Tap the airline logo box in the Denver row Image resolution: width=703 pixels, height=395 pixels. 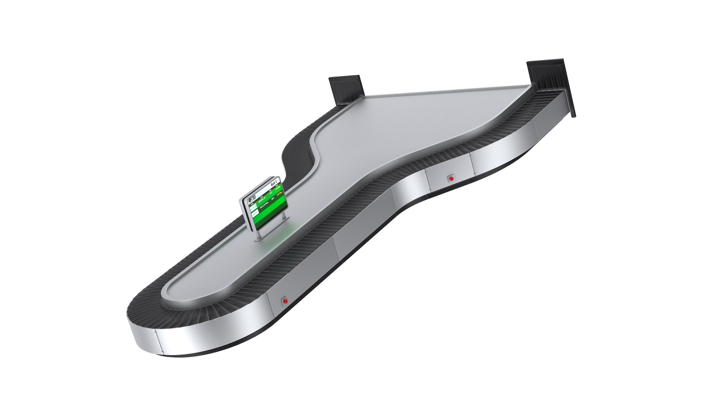click(254, 207)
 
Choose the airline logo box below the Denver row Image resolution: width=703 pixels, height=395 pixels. click(254, 213)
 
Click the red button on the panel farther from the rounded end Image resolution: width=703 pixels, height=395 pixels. click(451, 178)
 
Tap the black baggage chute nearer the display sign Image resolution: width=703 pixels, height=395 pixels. click(346, 90)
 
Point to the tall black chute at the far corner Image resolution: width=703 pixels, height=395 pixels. click(549, 79)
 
